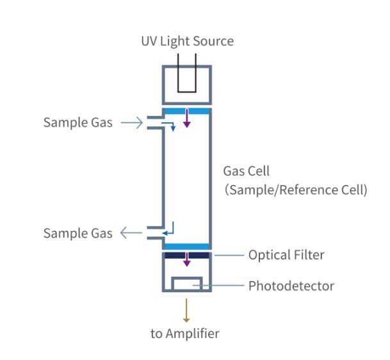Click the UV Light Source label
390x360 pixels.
(187, 42)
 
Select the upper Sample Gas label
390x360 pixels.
(77, 122)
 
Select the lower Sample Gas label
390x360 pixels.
(77, 233)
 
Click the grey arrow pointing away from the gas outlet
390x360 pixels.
(132, 233)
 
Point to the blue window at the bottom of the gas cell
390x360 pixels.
(187, 247)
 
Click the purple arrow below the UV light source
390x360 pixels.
(187, 118)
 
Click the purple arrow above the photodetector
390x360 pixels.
(187, 259)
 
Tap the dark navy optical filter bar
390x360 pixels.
(187, 255)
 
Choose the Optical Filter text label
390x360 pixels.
(286, 255)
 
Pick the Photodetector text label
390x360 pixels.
(291, 286)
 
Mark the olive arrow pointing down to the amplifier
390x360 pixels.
(187, 310)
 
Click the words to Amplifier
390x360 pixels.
(185, 333)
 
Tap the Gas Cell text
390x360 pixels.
(247, 171)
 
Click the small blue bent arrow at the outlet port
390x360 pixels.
(169, 228)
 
